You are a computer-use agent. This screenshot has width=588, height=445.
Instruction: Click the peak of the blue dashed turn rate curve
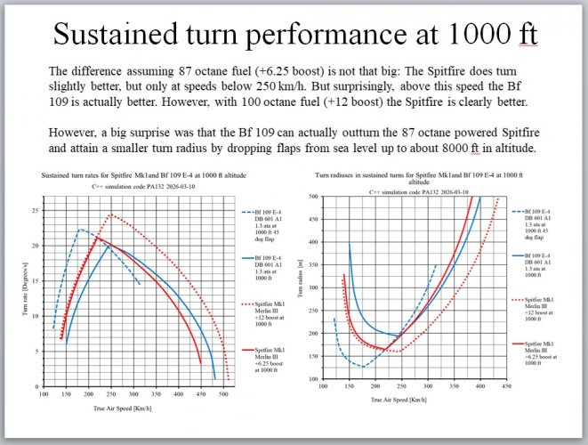pos(80,230)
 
